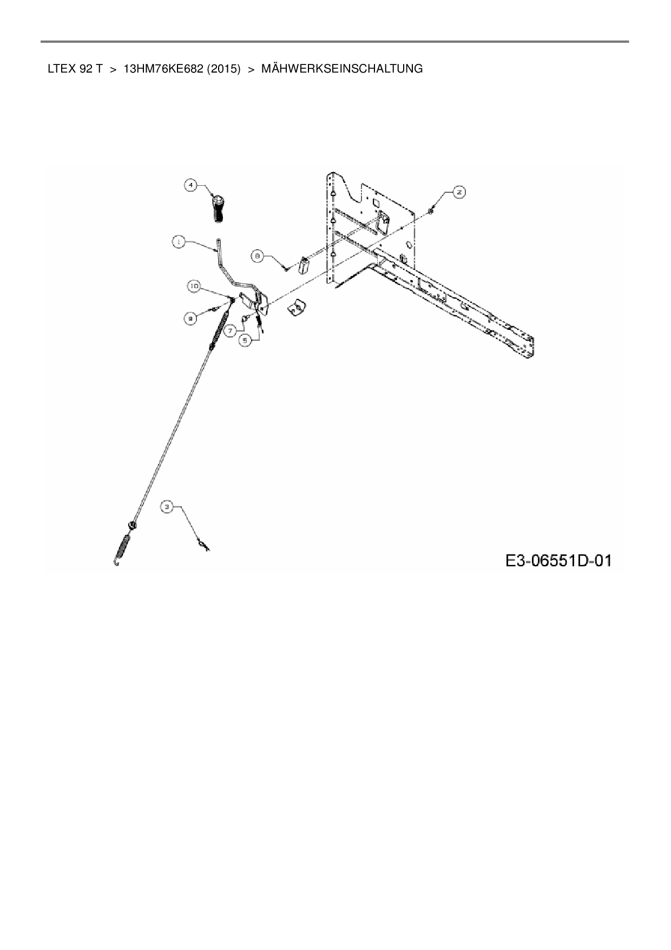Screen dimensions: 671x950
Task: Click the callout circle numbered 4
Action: coord(190,186)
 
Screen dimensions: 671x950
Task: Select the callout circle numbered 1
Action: coord(179,242)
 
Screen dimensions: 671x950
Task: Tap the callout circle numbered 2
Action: coord(458,192)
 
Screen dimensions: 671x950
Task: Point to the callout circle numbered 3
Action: coord(167,507)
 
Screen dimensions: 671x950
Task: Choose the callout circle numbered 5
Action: coord(246,340)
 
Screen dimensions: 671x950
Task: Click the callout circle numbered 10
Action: coord(194,285)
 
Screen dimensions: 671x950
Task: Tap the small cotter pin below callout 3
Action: coord(203,544)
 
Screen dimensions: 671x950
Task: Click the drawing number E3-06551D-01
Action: coord(558,560)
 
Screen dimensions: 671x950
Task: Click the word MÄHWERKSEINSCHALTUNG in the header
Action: coord(342,69)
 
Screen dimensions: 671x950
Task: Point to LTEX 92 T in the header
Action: coord(75,69)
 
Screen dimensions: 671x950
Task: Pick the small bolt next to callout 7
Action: coord(245,319)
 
